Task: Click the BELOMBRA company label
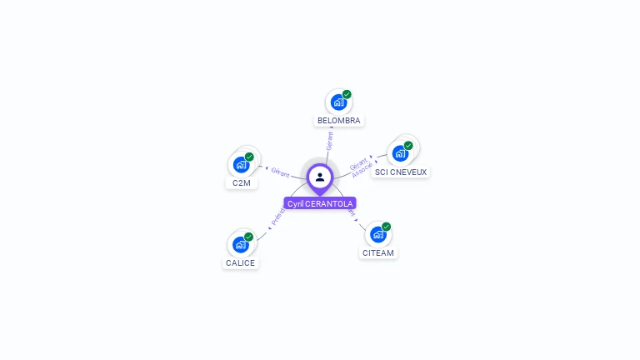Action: click(338, 120)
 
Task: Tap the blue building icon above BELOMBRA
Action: click(338, 102)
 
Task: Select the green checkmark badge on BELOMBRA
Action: click(347, 94)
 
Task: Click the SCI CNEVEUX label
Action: click(401, 172)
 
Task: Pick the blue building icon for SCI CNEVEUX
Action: click(400, 154)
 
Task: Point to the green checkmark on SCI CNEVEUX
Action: click(408, 146)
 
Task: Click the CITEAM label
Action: click(378, 252)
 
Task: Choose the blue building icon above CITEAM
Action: click(377, 234)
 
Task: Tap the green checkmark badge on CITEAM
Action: click(386, 227)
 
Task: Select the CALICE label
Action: click(241, 262)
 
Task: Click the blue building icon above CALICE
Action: click(240, 244)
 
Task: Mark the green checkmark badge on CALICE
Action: click(248, 237)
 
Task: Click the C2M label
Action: click(241, 182)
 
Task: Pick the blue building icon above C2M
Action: click(241, 164)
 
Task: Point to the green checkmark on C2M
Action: click(249, 157)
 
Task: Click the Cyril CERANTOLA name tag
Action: click(320, 203)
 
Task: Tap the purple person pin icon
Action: click(320, 177)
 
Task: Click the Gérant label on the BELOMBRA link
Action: click(330, 140)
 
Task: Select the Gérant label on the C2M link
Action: click(280, 172)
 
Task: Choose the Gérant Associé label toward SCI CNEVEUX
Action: click(361, 166)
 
